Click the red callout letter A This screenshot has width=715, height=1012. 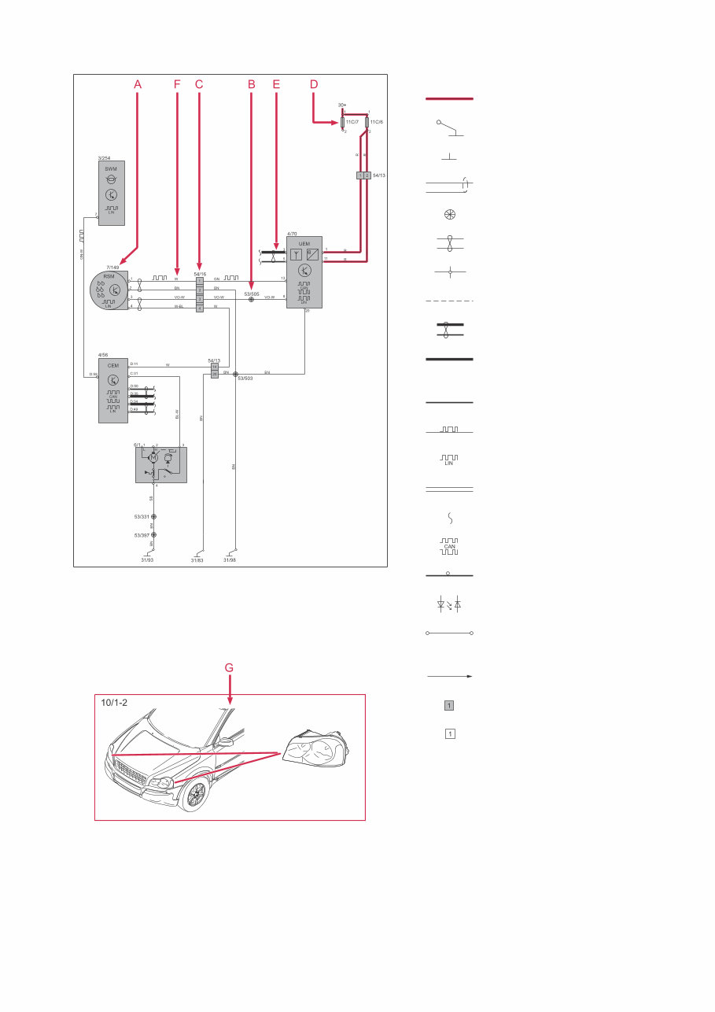[138, 83]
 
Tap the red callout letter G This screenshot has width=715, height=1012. [229, 668]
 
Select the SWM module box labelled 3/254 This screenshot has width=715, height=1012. [112, 193]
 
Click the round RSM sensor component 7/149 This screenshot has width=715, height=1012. [108, 290]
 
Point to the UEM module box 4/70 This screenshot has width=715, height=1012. [304, 271]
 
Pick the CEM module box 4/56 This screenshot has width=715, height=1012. [112, 390]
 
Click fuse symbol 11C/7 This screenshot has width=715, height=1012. [343, 123]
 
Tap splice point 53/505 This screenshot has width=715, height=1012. [251, 300]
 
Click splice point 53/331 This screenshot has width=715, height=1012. [153, 516]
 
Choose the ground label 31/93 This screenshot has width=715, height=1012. [147, 560]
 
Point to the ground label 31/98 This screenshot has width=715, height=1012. [229, 560]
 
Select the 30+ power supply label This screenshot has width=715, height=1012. [342, 104]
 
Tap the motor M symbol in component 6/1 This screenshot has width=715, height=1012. [154, 457]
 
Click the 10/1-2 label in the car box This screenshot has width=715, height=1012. [115, 703]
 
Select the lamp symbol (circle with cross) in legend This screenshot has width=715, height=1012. [449, 214]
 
